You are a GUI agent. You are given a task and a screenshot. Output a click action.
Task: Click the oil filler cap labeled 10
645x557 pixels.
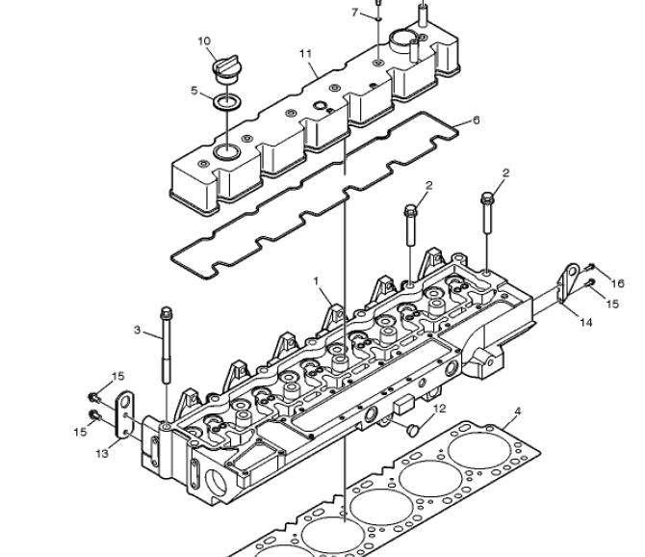tap(227, 69)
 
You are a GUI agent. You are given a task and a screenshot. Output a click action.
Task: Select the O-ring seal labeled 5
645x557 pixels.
tap(227, 102)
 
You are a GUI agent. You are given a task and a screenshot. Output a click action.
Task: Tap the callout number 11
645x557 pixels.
tap(305, 54)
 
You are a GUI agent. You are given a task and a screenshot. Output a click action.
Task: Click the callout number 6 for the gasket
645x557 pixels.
tap(476, 120)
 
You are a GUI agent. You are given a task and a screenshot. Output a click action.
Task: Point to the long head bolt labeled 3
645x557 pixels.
tap(167, 345)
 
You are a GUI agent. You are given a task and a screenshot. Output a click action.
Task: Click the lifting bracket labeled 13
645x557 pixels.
tap(124, 415)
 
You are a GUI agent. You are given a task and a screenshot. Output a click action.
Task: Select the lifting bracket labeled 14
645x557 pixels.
tap(569, 282)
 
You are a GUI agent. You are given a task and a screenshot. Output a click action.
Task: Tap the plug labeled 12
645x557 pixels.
tap(413, 430)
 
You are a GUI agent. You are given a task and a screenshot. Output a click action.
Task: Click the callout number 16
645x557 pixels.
tap(617, 283)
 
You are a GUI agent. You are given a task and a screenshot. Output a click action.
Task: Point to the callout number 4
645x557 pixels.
tap(518, 411)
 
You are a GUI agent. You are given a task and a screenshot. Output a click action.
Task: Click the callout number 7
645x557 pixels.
tap(354, 13)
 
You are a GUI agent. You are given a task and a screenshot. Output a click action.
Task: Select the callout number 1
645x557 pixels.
tap(316, 280)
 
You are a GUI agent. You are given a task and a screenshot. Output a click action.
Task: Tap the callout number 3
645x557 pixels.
tap(137, 330)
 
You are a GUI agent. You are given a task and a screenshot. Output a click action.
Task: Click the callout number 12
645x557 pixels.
tap(440, 409)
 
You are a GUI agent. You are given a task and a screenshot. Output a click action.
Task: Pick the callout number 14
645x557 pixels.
tap(585, 322)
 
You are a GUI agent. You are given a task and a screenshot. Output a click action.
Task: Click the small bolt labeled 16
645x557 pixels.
tap(591, 266)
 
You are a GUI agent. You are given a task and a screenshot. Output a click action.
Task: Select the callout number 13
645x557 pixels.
tap(102, 453)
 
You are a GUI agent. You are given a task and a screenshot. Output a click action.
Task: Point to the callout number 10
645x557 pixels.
tap(204, 40)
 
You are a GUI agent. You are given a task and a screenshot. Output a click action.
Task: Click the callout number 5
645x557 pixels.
tap(194, 91)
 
